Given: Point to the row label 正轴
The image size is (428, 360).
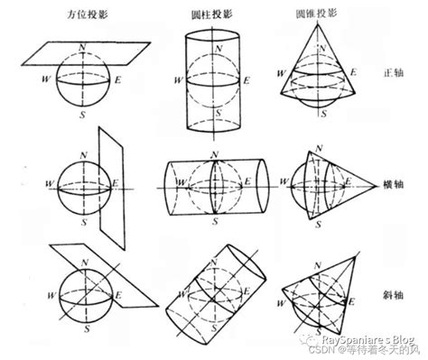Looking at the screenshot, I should (393, 74).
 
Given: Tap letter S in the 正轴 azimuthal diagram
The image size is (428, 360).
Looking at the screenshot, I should (81, 115).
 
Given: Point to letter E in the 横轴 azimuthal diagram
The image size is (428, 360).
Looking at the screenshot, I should (115, 183).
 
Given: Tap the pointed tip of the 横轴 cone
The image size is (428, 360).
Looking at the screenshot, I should (382, 186).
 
